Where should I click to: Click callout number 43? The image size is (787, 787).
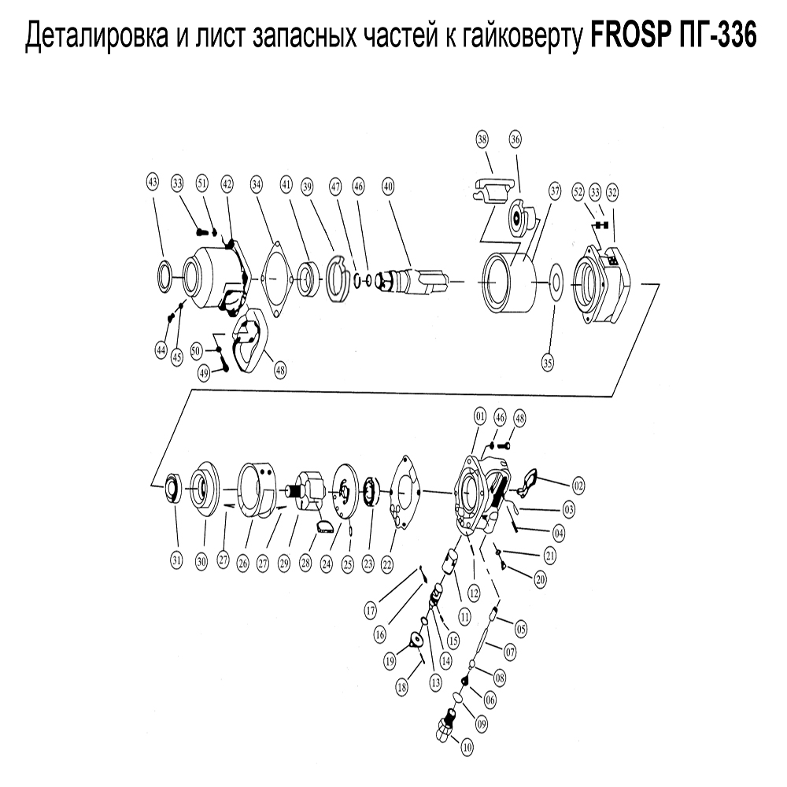pos(153,183)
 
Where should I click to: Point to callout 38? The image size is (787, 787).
pos(482,139)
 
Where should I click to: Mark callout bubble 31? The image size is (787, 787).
pos(177,560)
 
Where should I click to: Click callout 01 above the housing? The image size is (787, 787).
pos(478,415)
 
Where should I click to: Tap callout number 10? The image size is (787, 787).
pos(467,749)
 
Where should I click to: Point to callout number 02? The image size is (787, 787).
pos(578,483)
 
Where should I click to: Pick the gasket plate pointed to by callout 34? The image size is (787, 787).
pos(272,278)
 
